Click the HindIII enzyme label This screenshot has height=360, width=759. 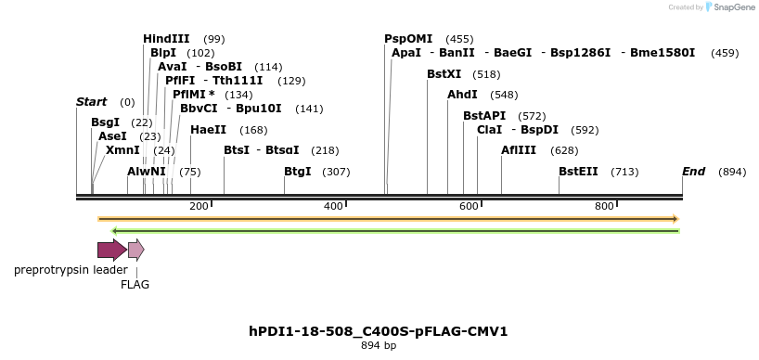tap(166, 39)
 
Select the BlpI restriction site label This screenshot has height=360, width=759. tap(163, 53)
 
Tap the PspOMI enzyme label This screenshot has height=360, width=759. tap(408, 39)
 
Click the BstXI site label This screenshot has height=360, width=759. tap(444, 74)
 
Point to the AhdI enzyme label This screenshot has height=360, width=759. tap(462, 95)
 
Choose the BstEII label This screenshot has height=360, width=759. tap(578, 172)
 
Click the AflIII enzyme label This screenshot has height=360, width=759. tap(519, 150)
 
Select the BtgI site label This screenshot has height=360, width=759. tap(298, 172)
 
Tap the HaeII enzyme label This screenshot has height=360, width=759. tap(208, 130)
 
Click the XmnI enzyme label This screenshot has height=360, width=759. tap(122, 150)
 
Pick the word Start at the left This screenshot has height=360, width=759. tap(91, 102)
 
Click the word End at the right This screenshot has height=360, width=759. tap(694, 172)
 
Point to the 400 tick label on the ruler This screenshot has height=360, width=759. tap(333, 206)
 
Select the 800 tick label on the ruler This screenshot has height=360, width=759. tap(604, 206)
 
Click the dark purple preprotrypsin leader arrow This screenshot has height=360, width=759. tap(111, 249)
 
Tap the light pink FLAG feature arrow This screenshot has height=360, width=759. tap(135, 249)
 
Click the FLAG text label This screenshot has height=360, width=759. tap(135, 285)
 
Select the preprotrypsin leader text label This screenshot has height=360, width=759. tap(71, 270)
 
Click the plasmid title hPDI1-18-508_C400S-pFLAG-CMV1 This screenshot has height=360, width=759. tap(379, 331)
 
